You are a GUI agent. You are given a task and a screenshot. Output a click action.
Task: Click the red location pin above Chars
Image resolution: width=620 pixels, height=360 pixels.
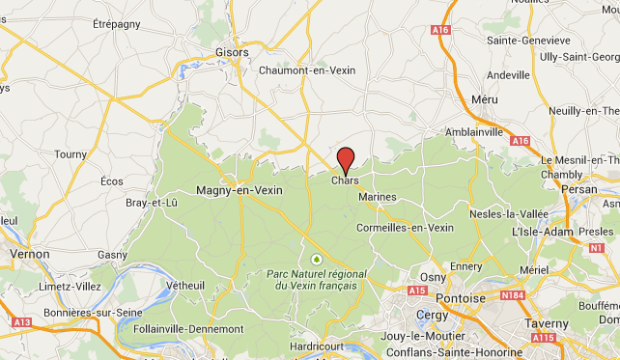tap(346, 158)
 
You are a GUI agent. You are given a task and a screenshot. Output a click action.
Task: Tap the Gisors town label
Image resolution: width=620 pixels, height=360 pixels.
tap(232, 52)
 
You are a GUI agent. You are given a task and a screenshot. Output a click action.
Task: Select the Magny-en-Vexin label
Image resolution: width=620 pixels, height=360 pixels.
tap(239, 190)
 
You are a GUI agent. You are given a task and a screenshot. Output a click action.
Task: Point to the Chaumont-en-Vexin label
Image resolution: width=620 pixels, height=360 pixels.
tap(308, 69)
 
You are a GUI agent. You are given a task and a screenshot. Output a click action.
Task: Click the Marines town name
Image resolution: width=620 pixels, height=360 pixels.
tap(377, 197)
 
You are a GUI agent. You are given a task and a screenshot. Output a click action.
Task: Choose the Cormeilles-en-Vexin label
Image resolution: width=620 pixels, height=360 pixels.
tap(405, 228)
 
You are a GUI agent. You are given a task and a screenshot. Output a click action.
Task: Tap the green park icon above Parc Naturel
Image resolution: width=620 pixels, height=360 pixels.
tap(316, 259)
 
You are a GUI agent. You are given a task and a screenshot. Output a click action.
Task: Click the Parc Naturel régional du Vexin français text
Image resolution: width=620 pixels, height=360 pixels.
tap(316, 280)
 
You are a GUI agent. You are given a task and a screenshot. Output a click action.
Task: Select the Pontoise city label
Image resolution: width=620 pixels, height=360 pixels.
tap(461, 298)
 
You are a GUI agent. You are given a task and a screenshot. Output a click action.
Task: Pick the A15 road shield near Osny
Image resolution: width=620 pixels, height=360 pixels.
tap(417, 290)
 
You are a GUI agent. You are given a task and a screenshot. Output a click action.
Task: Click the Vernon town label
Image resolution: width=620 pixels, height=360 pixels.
tap(29, 254)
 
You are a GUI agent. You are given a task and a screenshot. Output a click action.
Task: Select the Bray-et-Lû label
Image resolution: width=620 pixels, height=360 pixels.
tap(153, 203)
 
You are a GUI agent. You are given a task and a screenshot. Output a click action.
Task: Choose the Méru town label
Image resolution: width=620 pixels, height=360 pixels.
tap(484, 99)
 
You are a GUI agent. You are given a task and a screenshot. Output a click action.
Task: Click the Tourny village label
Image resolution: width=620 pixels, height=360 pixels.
tap(70, 153)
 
